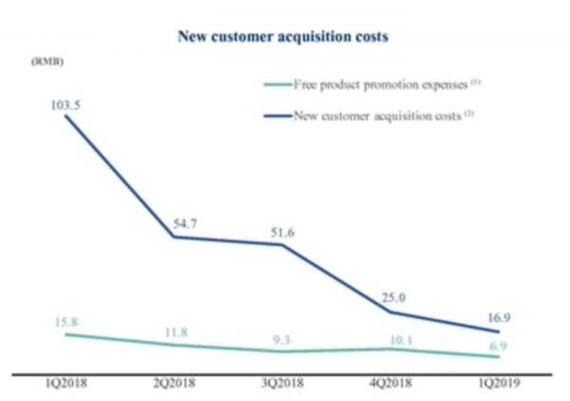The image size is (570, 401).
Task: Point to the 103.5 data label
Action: coord(65,105)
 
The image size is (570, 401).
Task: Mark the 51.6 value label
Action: coord(282,228)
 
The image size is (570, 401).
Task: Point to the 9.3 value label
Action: coord(282,337)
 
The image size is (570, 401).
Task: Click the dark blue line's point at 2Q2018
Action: coord(173,237)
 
